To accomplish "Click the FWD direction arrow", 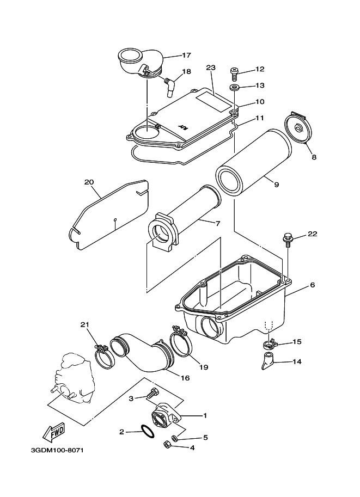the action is click(54, 432).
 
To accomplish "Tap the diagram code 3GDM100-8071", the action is click(57, 450).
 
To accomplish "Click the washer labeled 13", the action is click(235, 87).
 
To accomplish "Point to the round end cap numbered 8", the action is click(298, 128).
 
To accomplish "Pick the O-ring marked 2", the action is click(148, 431).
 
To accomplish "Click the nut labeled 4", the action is click(167, 445).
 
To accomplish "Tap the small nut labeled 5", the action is click(174, 438).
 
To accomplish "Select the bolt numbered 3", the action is click(152, 394).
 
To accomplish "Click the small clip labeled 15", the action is click(270, 343).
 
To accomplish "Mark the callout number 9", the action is click(276, 184).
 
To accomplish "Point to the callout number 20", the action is click(89, 182).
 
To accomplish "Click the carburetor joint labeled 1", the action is click(166, 416).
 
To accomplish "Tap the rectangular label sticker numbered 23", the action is click(213, 101).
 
